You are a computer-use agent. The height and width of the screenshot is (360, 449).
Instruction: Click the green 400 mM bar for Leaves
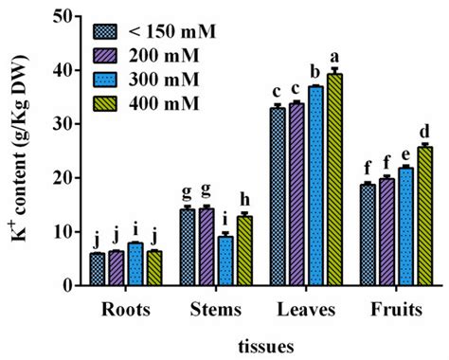point(334,180)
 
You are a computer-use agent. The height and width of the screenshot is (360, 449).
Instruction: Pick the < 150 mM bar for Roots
point(98,269)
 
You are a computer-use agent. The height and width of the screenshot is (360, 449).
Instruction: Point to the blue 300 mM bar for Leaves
point(315,186)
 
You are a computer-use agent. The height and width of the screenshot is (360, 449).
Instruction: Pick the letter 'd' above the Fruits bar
point(424,131)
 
